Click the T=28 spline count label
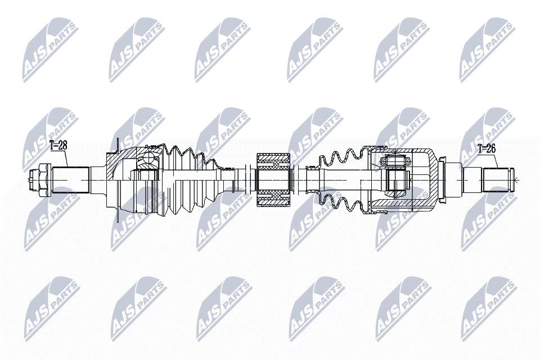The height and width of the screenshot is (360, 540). click(x=58, y=145)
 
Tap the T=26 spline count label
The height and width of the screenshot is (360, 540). click(x=486, y=149)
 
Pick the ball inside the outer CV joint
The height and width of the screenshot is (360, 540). click(x=148, y=159)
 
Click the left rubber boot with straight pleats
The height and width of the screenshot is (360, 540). click(x=190, y=181)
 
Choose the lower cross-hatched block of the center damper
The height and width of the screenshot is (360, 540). click(x=274, y=199)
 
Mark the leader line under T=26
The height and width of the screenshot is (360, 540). click(x=497, y=160)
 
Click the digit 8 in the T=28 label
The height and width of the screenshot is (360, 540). click(x=64, y=145)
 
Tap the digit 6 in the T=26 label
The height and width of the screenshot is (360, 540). click(x=493, y=149)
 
